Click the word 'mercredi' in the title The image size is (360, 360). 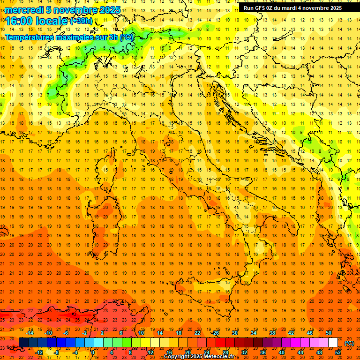click(23, 9)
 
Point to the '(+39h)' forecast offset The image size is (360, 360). click(82, 21)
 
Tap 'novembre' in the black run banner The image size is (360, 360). click(313, 8)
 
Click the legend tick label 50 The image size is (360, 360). click(329, 333)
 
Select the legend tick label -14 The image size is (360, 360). click(30, 333)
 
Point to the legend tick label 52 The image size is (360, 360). click(338, 352)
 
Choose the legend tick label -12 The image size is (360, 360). click(39, 352)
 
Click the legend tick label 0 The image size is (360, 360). click(93, 352)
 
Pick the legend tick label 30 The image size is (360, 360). click(235, 333)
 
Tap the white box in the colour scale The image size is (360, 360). click(333, 343)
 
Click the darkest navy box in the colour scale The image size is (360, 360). click(23, 343)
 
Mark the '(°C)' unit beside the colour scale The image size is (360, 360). click(349, 343)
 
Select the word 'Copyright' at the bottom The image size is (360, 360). click(177, 357)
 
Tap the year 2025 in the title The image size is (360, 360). click(110, 9)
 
